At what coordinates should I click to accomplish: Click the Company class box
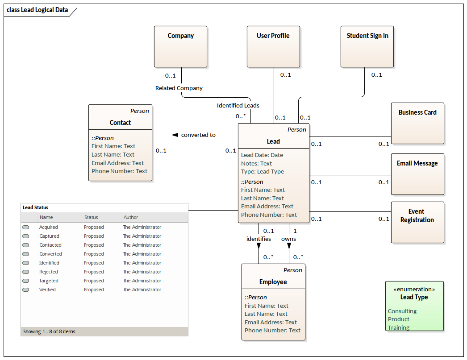180,46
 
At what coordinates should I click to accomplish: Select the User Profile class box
273,46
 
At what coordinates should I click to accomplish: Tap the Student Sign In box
367,46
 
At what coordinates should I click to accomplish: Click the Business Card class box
417,123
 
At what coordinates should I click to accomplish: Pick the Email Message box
417,174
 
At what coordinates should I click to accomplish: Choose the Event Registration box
417,222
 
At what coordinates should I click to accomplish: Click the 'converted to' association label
198,135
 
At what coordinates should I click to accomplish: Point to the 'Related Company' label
179,88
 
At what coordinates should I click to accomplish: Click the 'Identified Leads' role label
238,105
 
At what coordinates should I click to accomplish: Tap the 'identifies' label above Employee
259,239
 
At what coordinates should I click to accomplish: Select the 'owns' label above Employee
288,239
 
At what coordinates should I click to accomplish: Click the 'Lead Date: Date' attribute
262,155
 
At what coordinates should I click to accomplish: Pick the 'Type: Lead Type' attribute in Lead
262,171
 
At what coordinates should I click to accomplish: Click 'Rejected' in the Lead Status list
48,272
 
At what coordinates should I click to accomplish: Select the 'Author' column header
131,217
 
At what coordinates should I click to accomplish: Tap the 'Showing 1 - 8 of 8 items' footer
49,331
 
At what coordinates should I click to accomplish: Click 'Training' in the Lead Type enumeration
398,327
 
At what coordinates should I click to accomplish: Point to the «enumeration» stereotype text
414,289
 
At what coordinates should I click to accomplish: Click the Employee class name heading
273,282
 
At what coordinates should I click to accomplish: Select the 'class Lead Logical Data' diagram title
38,10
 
